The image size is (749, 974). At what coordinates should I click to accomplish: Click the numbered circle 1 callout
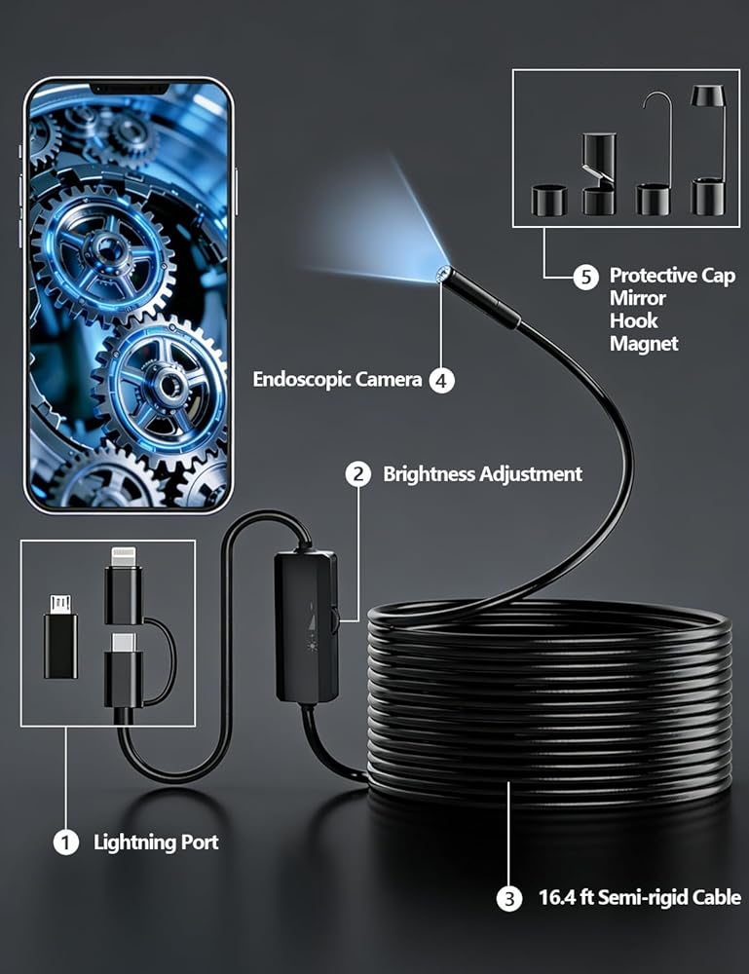[65, 843]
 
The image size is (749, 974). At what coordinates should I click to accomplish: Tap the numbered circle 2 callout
[359, 474]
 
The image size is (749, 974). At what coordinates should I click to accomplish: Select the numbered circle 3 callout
[508, 899]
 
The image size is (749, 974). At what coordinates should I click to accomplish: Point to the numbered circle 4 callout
[442, 380]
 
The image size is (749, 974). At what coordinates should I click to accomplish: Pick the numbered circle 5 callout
[584, 277]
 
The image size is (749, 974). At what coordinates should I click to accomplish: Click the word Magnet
[643, 344]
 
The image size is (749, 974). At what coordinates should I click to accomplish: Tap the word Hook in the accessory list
[633, 320]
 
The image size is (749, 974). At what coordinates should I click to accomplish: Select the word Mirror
[638, 298]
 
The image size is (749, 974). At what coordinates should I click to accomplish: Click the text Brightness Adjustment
[482, 474]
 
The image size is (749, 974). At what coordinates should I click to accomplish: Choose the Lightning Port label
[156, 843]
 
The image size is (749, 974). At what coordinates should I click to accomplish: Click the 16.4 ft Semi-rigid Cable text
[640, 898]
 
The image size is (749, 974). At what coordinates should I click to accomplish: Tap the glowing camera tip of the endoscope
[442, 276]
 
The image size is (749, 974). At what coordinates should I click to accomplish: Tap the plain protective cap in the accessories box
[548, 200]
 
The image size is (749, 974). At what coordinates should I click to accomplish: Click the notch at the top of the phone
[129, 89]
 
